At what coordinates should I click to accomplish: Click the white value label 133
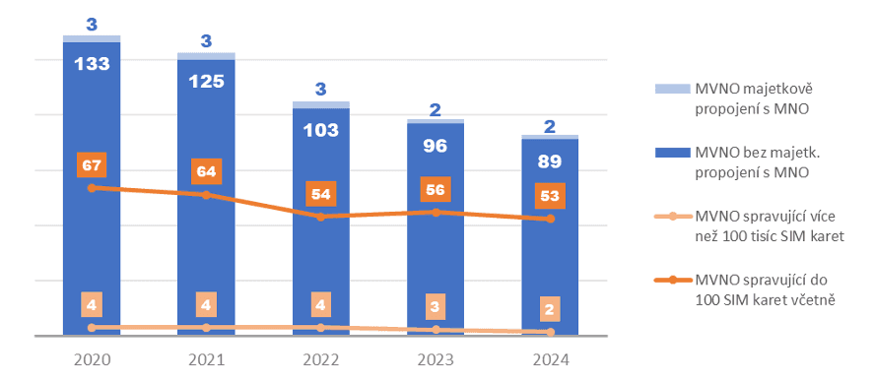tap(92, 64)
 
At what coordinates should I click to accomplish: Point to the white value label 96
tap(435, 146)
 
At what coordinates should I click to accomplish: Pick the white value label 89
tap(550, 162)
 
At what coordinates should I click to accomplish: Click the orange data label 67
tap(92, 162)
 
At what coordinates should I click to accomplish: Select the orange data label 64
tap(206, 170)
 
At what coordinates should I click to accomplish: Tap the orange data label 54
tap(320, 193)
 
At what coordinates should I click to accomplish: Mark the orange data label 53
tap(550, 196)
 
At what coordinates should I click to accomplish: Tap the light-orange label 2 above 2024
tap(550, 310)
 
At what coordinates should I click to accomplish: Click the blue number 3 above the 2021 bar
tap(206, 41)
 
